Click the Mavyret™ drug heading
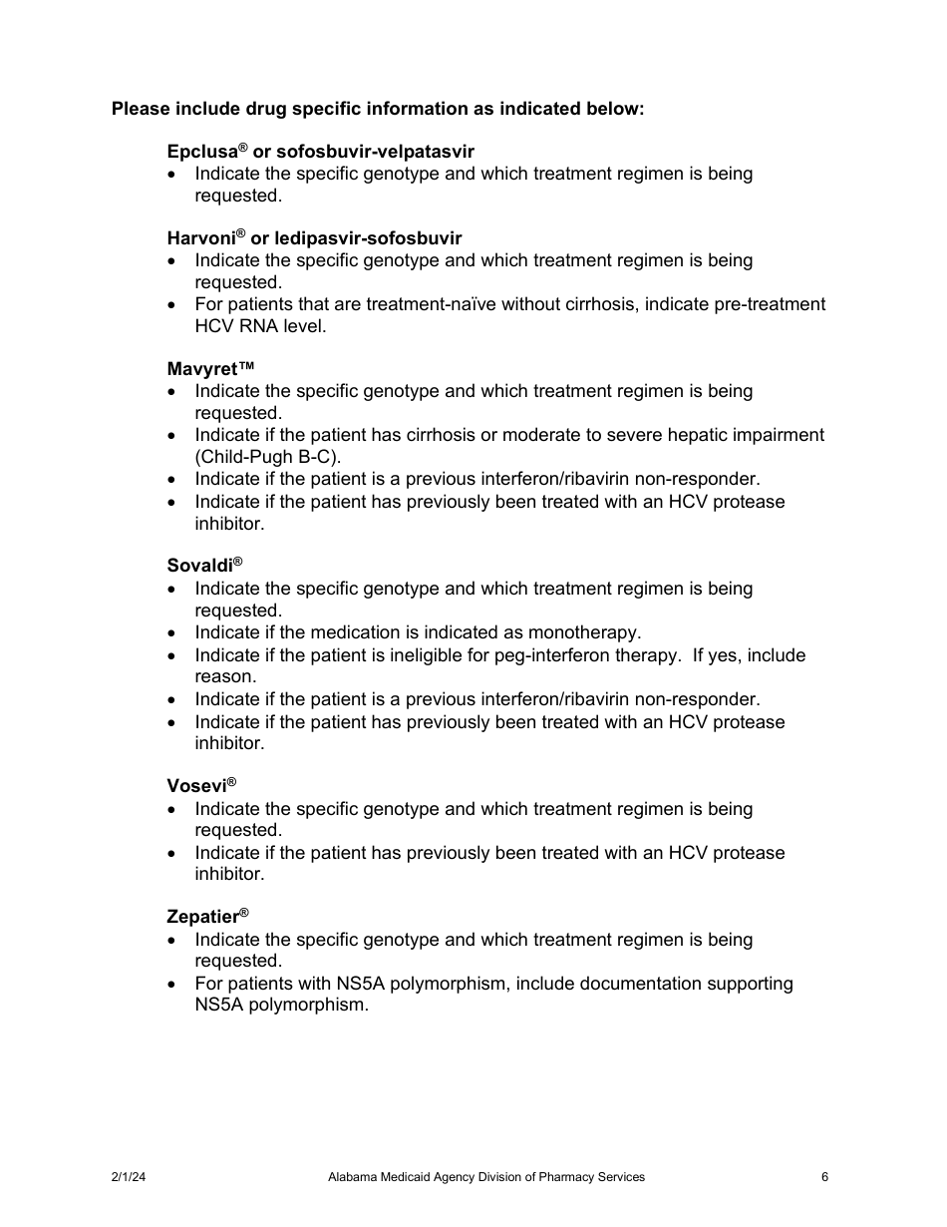203,369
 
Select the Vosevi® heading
200,786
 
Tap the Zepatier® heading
206,917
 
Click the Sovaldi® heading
204,566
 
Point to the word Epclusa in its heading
200,152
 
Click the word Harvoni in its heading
200,238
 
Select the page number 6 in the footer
824,1177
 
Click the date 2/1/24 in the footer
129,1177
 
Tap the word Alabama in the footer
350,1177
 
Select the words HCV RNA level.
259,326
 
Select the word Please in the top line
140,108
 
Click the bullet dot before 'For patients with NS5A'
174,984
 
